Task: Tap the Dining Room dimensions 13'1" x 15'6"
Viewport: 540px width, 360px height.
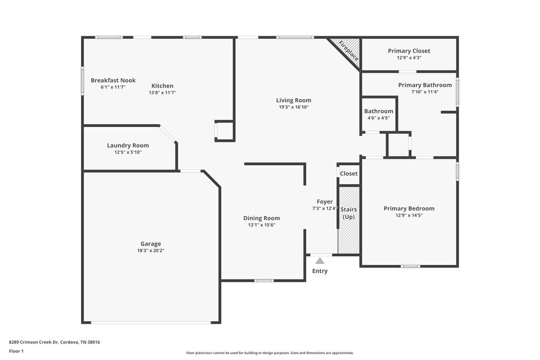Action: [x=261, y=225]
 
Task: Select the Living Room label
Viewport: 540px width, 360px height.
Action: [x=293, y=100]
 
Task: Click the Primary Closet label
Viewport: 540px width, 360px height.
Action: [x=409, y=51]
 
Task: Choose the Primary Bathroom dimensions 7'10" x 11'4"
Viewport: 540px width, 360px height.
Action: [x=425, y=92]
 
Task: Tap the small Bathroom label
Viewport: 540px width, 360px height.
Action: [x=379, y=111]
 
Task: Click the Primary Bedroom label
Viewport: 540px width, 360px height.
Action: [x=409, y=208]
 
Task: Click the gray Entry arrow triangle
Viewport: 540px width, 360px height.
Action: [x=320, y=261]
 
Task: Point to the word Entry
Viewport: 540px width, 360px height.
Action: [x=320, y=271]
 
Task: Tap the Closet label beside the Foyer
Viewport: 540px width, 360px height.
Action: [x=348, y=174]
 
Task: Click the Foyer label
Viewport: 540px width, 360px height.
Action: [x=325, y=202]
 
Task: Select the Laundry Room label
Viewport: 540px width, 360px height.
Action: [x=127, y=145]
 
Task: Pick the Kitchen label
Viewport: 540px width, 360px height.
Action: [x=162, y=86]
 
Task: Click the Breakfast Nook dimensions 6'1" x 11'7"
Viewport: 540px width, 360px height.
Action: [x=113, y=87]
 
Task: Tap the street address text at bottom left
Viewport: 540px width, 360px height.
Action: [x=55, y=342]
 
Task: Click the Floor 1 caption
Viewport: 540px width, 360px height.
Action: [x=16, y=351]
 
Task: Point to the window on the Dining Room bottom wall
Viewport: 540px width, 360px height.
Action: [x=264, y=280]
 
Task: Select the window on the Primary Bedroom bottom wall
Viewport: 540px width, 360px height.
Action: [x=410, y=266]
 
